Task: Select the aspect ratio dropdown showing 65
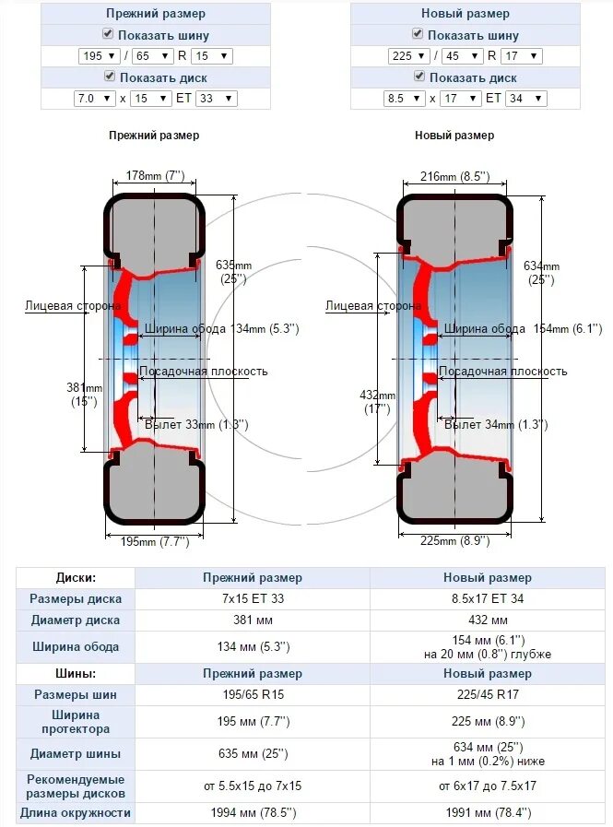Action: click(147, 56)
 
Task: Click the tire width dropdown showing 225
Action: click(406, 56)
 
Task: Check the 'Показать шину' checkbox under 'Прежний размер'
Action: click(108, 34)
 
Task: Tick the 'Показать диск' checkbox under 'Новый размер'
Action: click(418, 77)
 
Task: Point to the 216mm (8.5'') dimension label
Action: click(454, 176)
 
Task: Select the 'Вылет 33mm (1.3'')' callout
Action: click(196, 424)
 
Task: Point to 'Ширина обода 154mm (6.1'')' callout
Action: click(522, 328)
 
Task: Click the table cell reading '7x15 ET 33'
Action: click(252, 598)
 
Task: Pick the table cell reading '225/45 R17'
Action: click(489, 694)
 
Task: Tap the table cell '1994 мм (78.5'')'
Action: click(252, 813)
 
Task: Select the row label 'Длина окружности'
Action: click(76, 813)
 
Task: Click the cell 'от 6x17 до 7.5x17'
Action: click(489, 786)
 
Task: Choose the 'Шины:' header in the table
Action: click(76, 674)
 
